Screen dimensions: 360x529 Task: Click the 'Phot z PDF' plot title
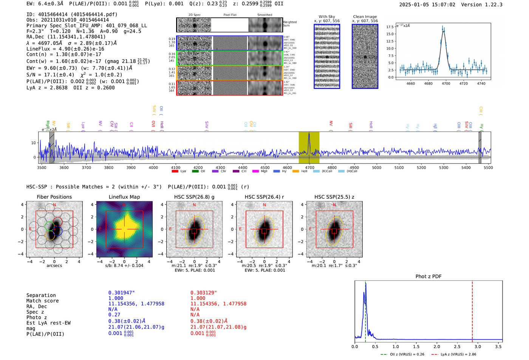click(x=428, y=277)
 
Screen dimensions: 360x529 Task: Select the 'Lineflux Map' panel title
click(x=124, y=197)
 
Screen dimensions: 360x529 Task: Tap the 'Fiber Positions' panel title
click(x=54, y=197)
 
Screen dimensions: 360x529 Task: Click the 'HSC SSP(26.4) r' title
click(x=264, y=197)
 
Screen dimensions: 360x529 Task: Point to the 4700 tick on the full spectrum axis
click(x=309, y=167)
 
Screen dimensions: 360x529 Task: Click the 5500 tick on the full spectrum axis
click(x=488, y=167)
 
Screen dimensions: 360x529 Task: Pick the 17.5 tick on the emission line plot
click(x=390, y=27)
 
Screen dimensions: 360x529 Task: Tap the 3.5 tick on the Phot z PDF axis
click(x=498, y=346)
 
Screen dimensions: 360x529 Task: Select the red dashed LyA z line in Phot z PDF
click(x=472, y=310)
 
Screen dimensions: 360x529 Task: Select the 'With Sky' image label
click(x=326, y=17)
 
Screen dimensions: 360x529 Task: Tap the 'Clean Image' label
click(x=365, y=17)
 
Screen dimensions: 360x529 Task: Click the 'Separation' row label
click(x=41, y=295)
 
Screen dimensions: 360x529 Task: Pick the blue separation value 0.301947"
click(x=121, y=293)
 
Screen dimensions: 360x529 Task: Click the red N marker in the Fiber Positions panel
click(x=54, y=205)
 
